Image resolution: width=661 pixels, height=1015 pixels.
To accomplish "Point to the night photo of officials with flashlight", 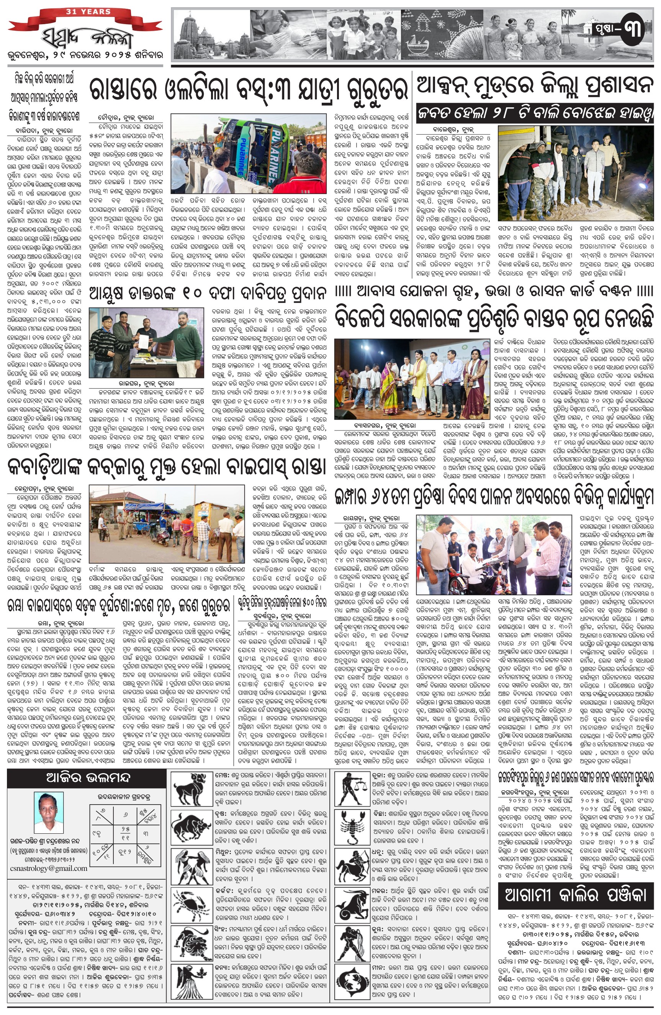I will (575, 167).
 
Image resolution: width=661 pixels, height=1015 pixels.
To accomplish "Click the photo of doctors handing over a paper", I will (146, 342).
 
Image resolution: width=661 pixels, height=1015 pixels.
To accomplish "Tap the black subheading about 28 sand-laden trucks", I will (535, 113).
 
